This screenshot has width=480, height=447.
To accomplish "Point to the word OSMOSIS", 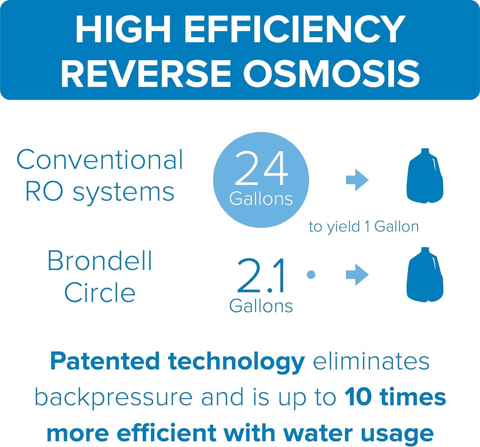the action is point(331,73).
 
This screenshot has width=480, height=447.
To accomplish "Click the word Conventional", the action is point(100,159).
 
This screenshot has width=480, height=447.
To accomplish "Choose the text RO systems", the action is point(100,192).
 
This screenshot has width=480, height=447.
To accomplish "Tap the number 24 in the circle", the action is point(261,168).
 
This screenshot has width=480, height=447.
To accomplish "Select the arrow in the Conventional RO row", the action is point(357,180).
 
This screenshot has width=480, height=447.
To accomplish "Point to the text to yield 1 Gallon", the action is point(364,227).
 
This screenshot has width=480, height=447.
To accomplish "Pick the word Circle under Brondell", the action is point(100,292).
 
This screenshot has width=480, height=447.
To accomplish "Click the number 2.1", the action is point(260,276).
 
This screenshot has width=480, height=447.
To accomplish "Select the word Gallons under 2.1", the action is point(261,306).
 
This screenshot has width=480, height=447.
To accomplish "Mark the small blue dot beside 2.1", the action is point(311,275).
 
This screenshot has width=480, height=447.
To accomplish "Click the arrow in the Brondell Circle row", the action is point(357,274).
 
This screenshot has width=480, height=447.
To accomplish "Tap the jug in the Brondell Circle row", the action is point(425,275).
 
